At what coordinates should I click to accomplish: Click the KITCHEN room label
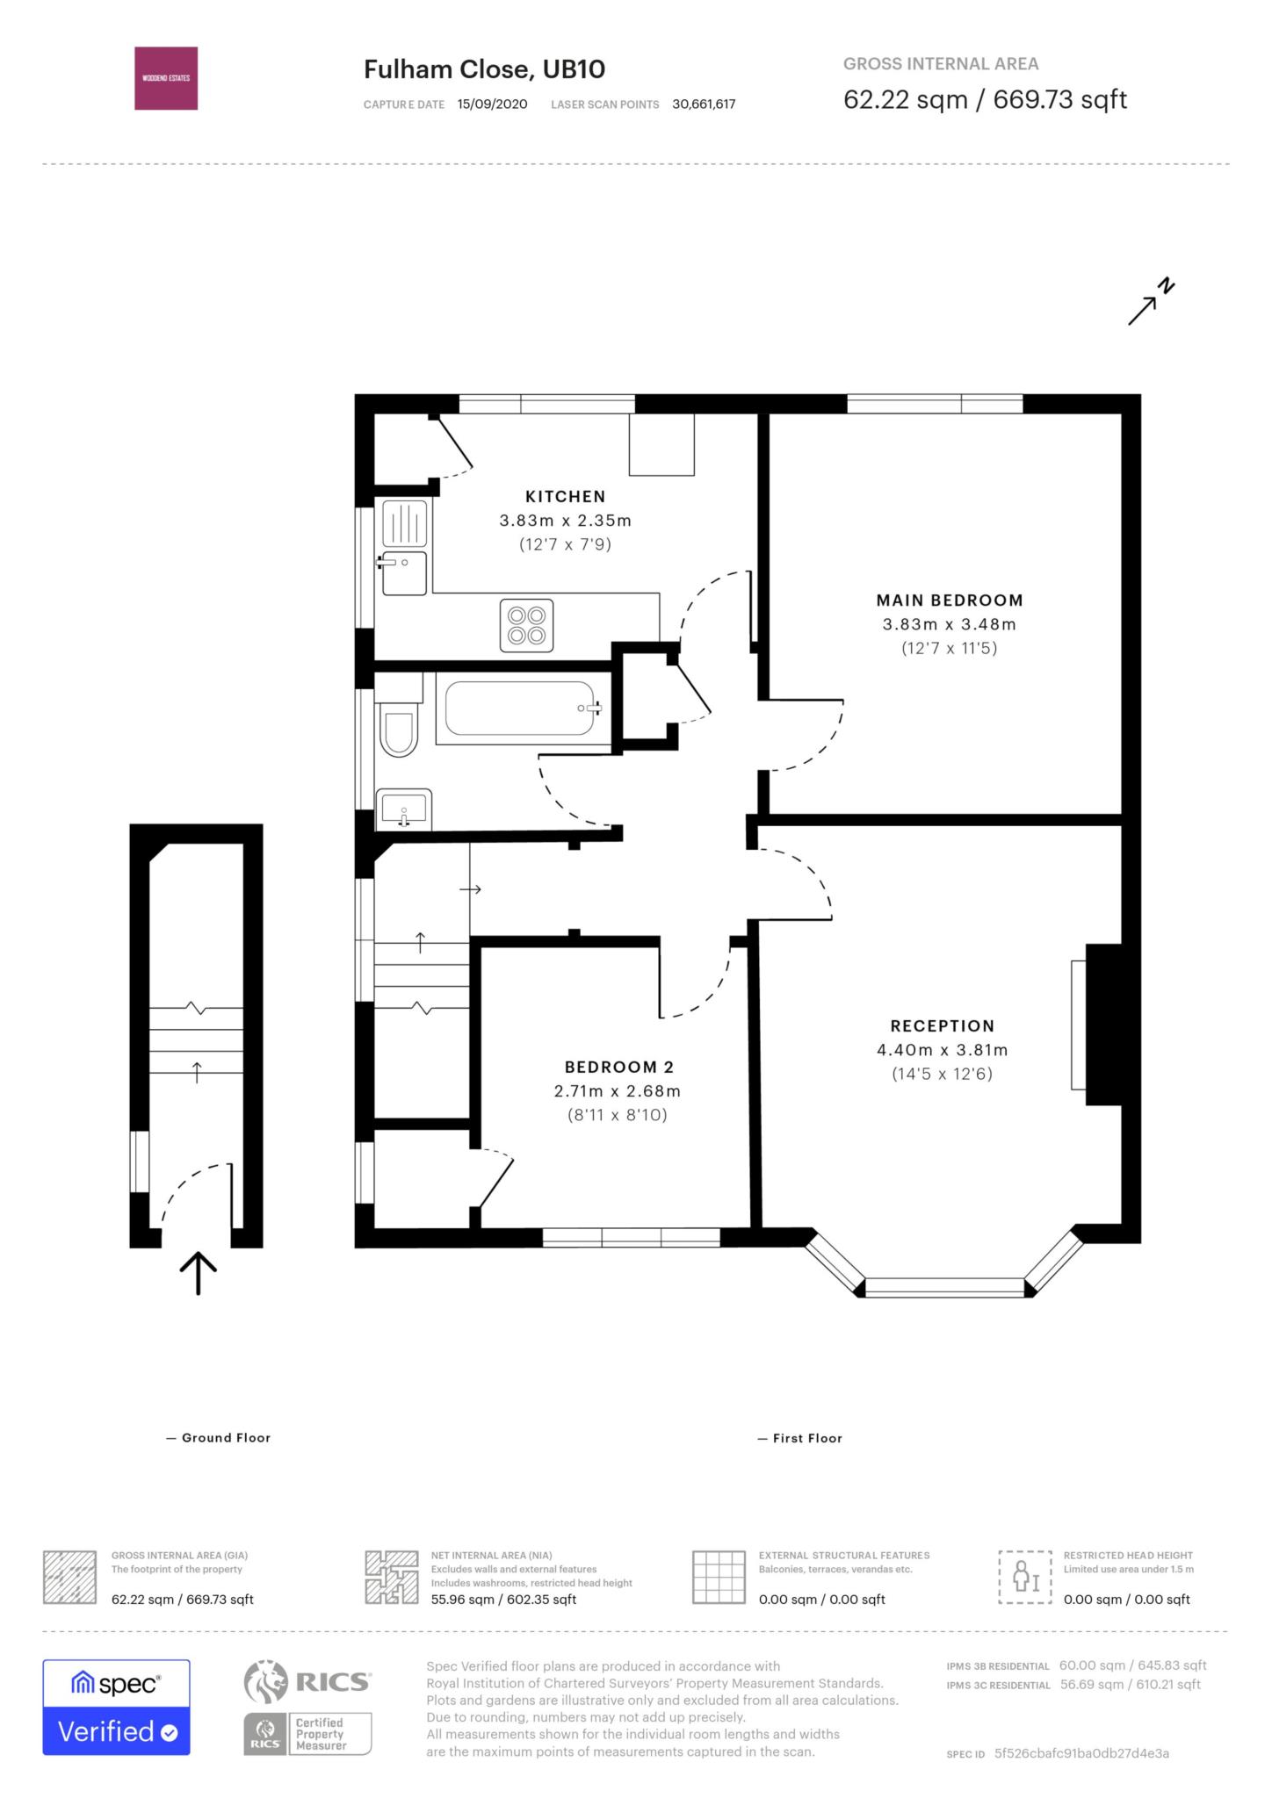[565, 496]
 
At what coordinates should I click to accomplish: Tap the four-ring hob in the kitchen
[526, 625]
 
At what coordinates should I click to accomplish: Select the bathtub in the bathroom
[521, 708]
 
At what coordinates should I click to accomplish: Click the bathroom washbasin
[404, 809]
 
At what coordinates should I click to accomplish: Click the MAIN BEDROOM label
[949, 601]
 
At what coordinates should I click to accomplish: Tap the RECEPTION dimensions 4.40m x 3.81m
[942, 1050]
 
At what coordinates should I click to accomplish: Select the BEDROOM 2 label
[618, 1067]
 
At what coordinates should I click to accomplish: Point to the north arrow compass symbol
[1151, 302]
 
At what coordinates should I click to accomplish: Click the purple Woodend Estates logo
[166, 78]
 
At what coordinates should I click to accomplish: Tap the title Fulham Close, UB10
[484, 69]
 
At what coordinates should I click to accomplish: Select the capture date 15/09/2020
[492, 104]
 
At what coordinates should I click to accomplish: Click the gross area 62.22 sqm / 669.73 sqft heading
[984, 99]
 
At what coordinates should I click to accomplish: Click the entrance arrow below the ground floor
[199, 1273]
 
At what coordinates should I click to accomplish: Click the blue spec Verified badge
[116, 1707]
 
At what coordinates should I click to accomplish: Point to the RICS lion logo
[266, 1681]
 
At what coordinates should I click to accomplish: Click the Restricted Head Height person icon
[1024, 1577]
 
